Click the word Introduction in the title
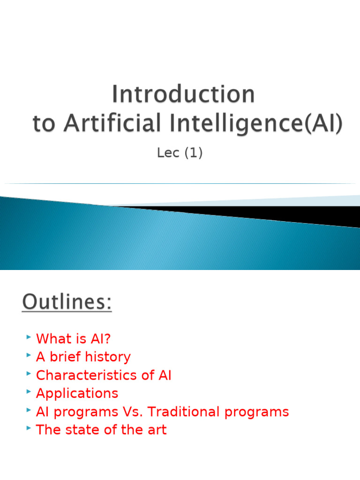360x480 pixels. coord(183,94)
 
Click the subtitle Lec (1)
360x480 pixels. coord(180,153)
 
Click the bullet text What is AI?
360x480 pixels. coord(74,338)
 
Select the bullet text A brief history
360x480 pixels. coord(83,357)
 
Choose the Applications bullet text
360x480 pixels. coord(77,393)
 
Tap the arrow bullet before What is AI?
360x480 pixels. coord(29,337)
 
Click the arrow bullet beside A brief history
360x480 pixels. coord(29,355)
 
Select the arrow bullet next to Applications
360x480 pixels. coord(29,392)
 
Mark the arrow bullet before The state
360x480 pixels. coord(29,428)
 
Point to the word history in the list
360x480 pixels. coord(109,357)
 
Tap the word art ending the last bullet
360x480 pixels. coord(157,430)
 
